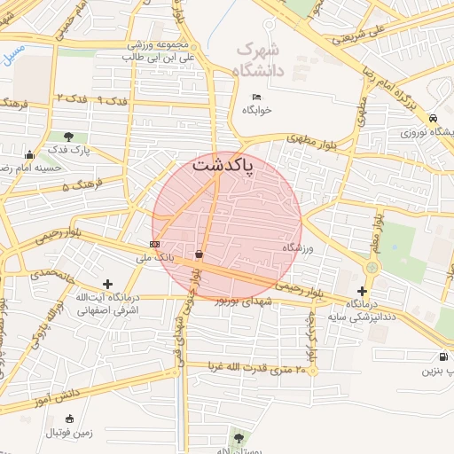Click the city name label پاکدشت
(x=223, y=165)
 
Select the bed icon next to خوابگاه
(x=256, y=97)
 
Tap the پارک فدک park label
(x=69, y=150)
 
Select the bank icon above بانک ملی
(x=155, y=244)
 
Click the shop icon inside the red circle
(x=198, y=254)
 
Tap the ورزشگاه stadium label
(x=298, y=248)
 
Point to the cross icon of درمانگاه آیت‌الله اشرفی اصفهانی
(x=107, y=285)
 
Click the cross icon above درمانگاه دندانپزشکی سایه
(x=362, y=291)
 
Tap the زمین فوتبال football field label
(x=72, y=432)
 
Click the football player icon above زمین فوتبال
(x=70, y=419)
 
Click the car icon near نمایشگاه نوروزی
(x=432, y=118)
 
